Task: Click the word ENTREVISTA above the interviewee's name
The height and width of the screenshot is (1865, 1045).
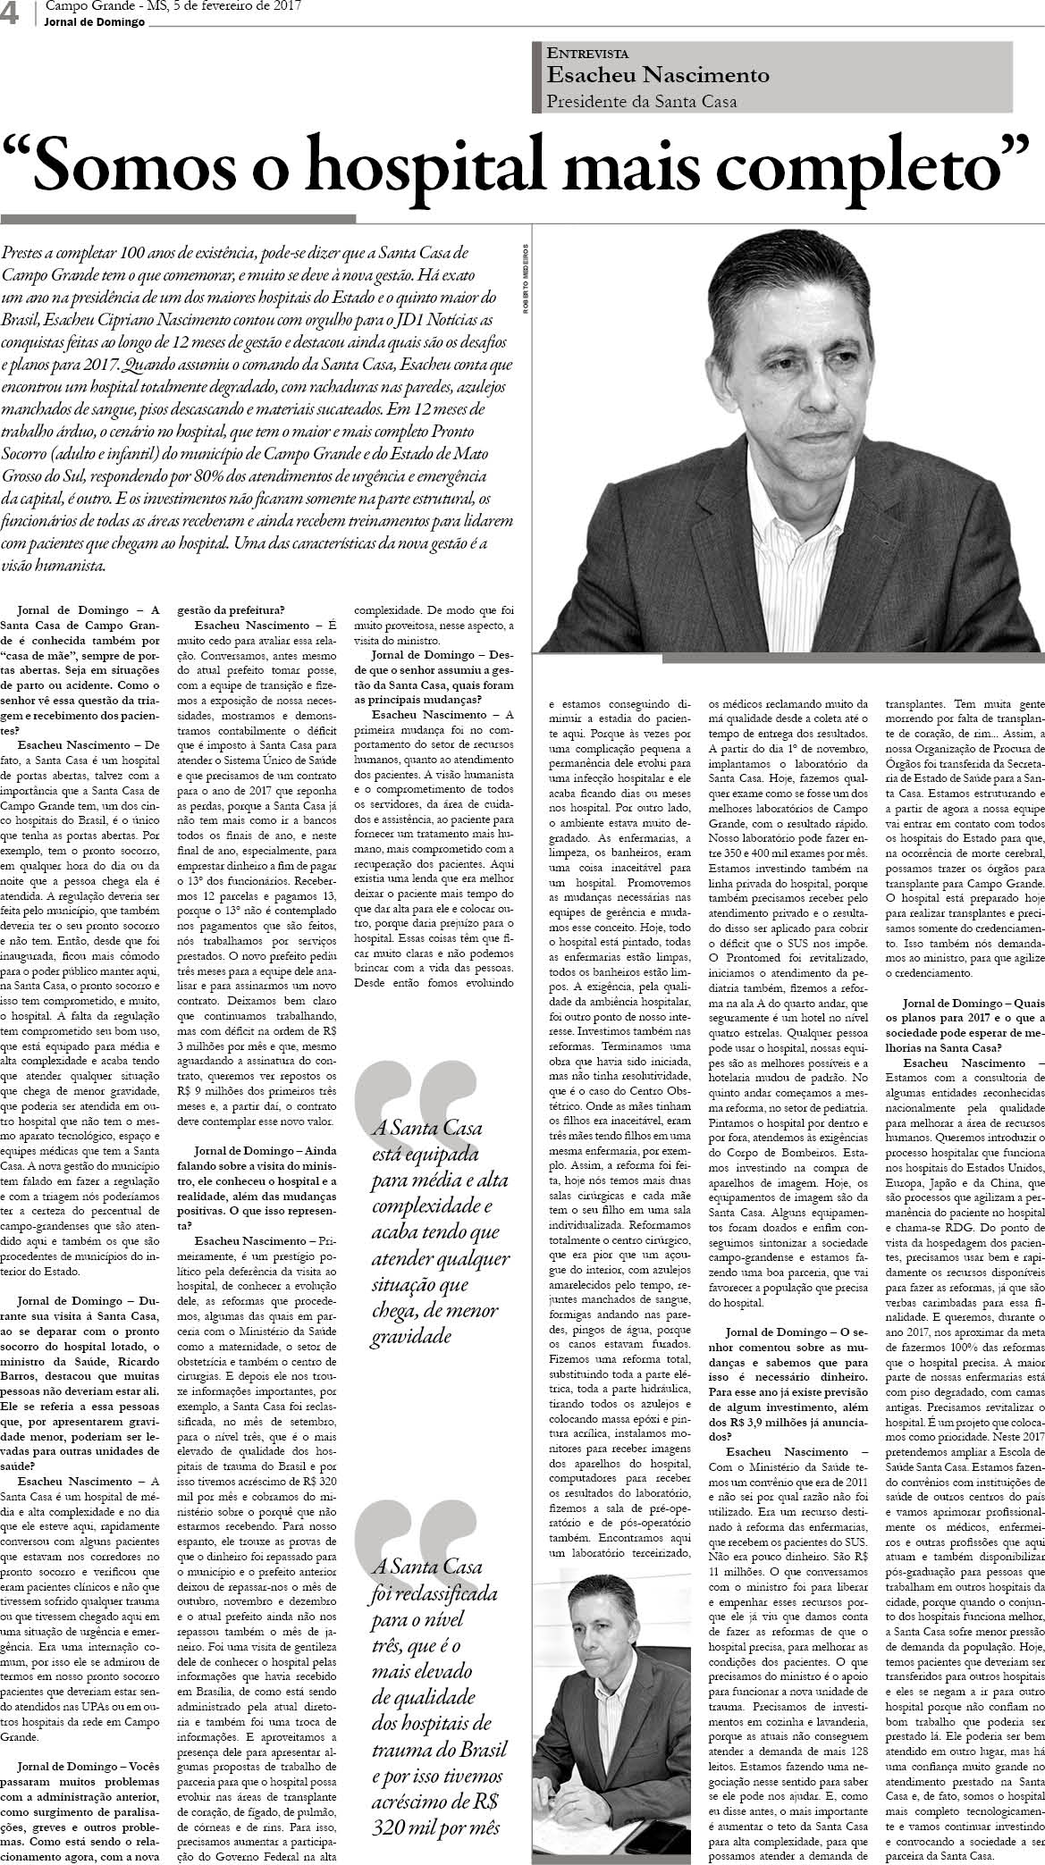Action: pyautogui.click(x=587, y=54)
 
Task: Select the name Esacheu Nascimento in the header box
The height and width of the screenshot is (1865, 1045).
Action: pyautogui.click(x=658, y=75)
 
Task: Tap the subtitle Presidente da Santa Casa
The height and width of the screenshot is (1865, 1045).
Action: pyautogui.click(x=642, y=102)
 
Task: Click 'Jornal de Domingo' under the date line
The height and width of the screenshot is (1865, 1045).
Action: pyautogui.click(x=95, y=22)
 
